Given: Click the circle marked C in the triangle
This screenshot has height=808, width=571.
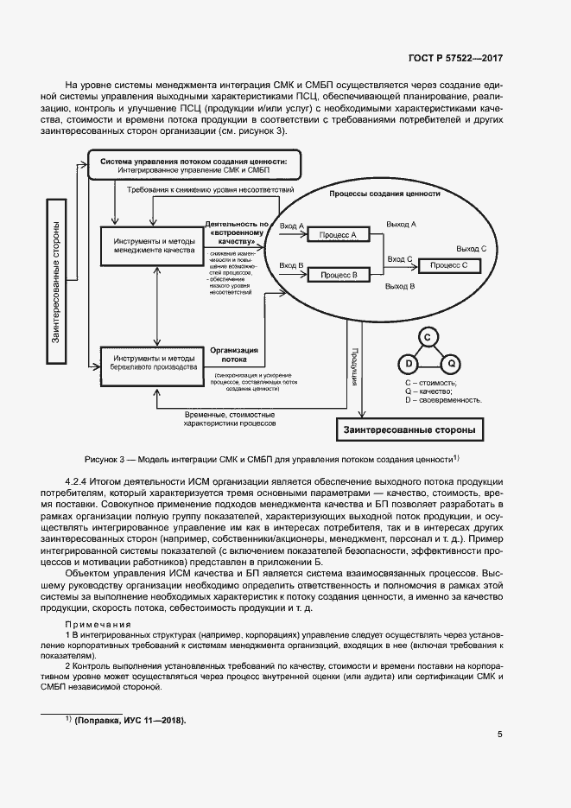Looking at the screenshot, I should point(426,337).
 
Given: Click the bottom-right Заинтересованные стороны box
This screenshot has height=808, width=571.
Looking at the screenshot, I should point(409,429).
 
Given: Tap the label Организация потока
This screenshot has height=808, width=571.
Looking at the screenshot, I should point(229,354).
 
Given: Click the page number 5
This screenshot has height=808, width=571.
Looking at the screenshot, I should point(500,735).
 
